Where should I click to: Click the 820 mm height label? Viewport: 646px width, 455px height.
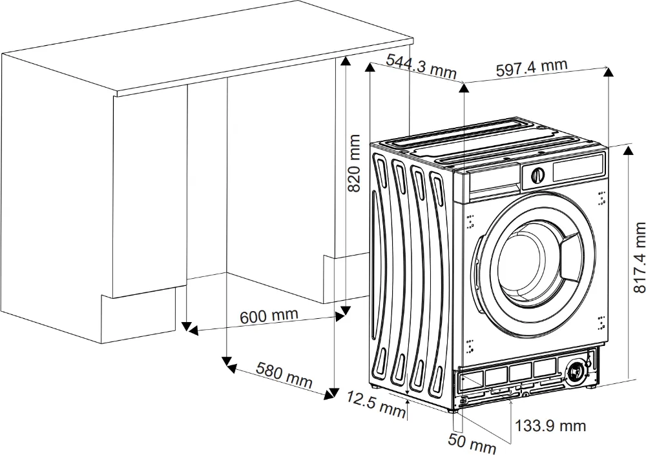(354, 163)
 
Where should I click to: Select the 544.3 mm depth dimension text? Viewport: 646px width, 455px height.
(421, 65)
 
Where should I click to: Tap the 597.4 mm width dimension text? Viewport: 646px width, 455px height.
(531, 67)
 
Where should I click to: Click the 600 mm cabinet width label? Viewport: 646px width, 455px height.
(269, 316)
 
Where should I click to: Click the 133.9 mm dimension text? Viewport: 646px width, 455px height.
(550, 425)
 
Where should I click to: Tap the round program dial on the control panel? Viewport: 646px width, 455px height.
(537, 174)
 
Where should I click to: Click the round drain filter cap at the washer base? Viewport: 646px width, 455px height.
(574, 372)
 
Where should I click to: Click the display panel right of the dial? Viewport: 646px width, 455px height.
(578, 169)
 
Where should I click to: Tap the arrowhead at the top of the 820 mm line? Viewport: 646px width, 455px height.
(346, 60)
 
